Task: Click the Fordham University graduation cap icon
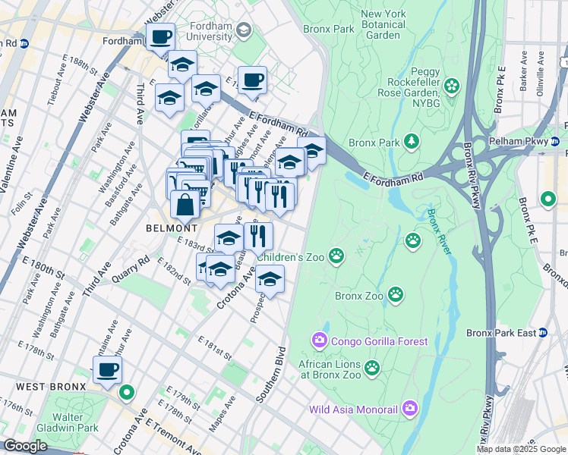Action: coord(244,31)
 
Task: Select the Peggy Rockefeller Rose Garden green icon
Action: coord(453,85)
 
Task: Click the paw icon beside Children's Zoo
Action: coord(336,257)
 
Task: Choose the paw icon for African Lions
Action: coord(371,368)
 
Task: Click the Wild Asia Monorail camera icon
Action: coord(409,409)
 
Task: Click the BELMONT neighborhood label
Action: coord(172,227)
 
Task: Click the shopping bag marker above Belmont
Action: coord(186,204)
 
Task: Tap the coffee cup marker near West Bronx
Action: coord(107,370)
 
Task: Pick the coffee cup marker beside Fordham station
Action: coord(160,37)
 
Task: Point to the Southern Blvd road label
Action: coord(270,374)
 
